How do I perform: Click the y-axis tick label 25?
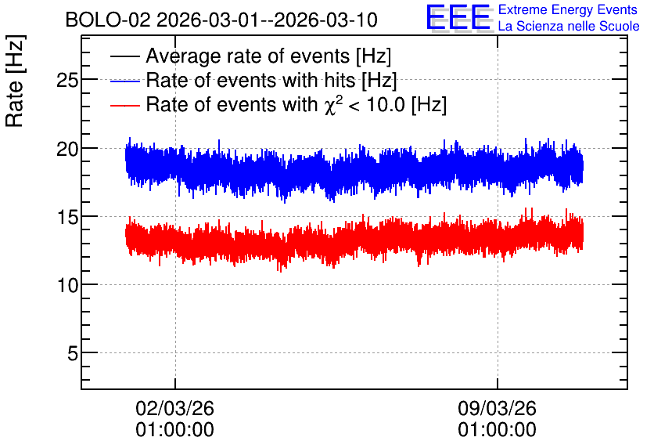point(67,80)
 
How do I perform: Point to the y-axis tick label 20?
point(67,149)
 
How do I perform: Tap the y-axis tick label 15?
point(67,217)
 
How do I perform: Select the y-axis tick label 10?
point(67,286)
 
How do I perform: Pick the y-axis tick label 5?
point(73,354)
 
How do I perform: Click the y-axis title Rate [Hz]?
point(15,81)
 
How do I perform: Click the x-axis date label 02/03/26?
point(174,408)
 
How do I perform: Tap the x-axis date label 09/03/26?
point(497,408)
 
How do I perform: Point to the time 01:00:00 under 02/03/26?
point(174,430)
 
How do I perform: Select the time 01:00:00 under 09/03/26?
point(497,430)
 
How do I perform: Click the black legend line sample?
point(124,56)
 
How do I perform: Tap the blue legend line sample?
point(124,81)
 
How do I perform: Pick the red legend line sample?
point(124,105)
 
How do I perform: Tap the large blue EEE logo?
point(458,17)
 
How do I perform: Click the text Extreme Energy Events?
point(568,9)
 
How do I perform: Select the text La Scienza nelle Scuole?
point(569,26)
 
